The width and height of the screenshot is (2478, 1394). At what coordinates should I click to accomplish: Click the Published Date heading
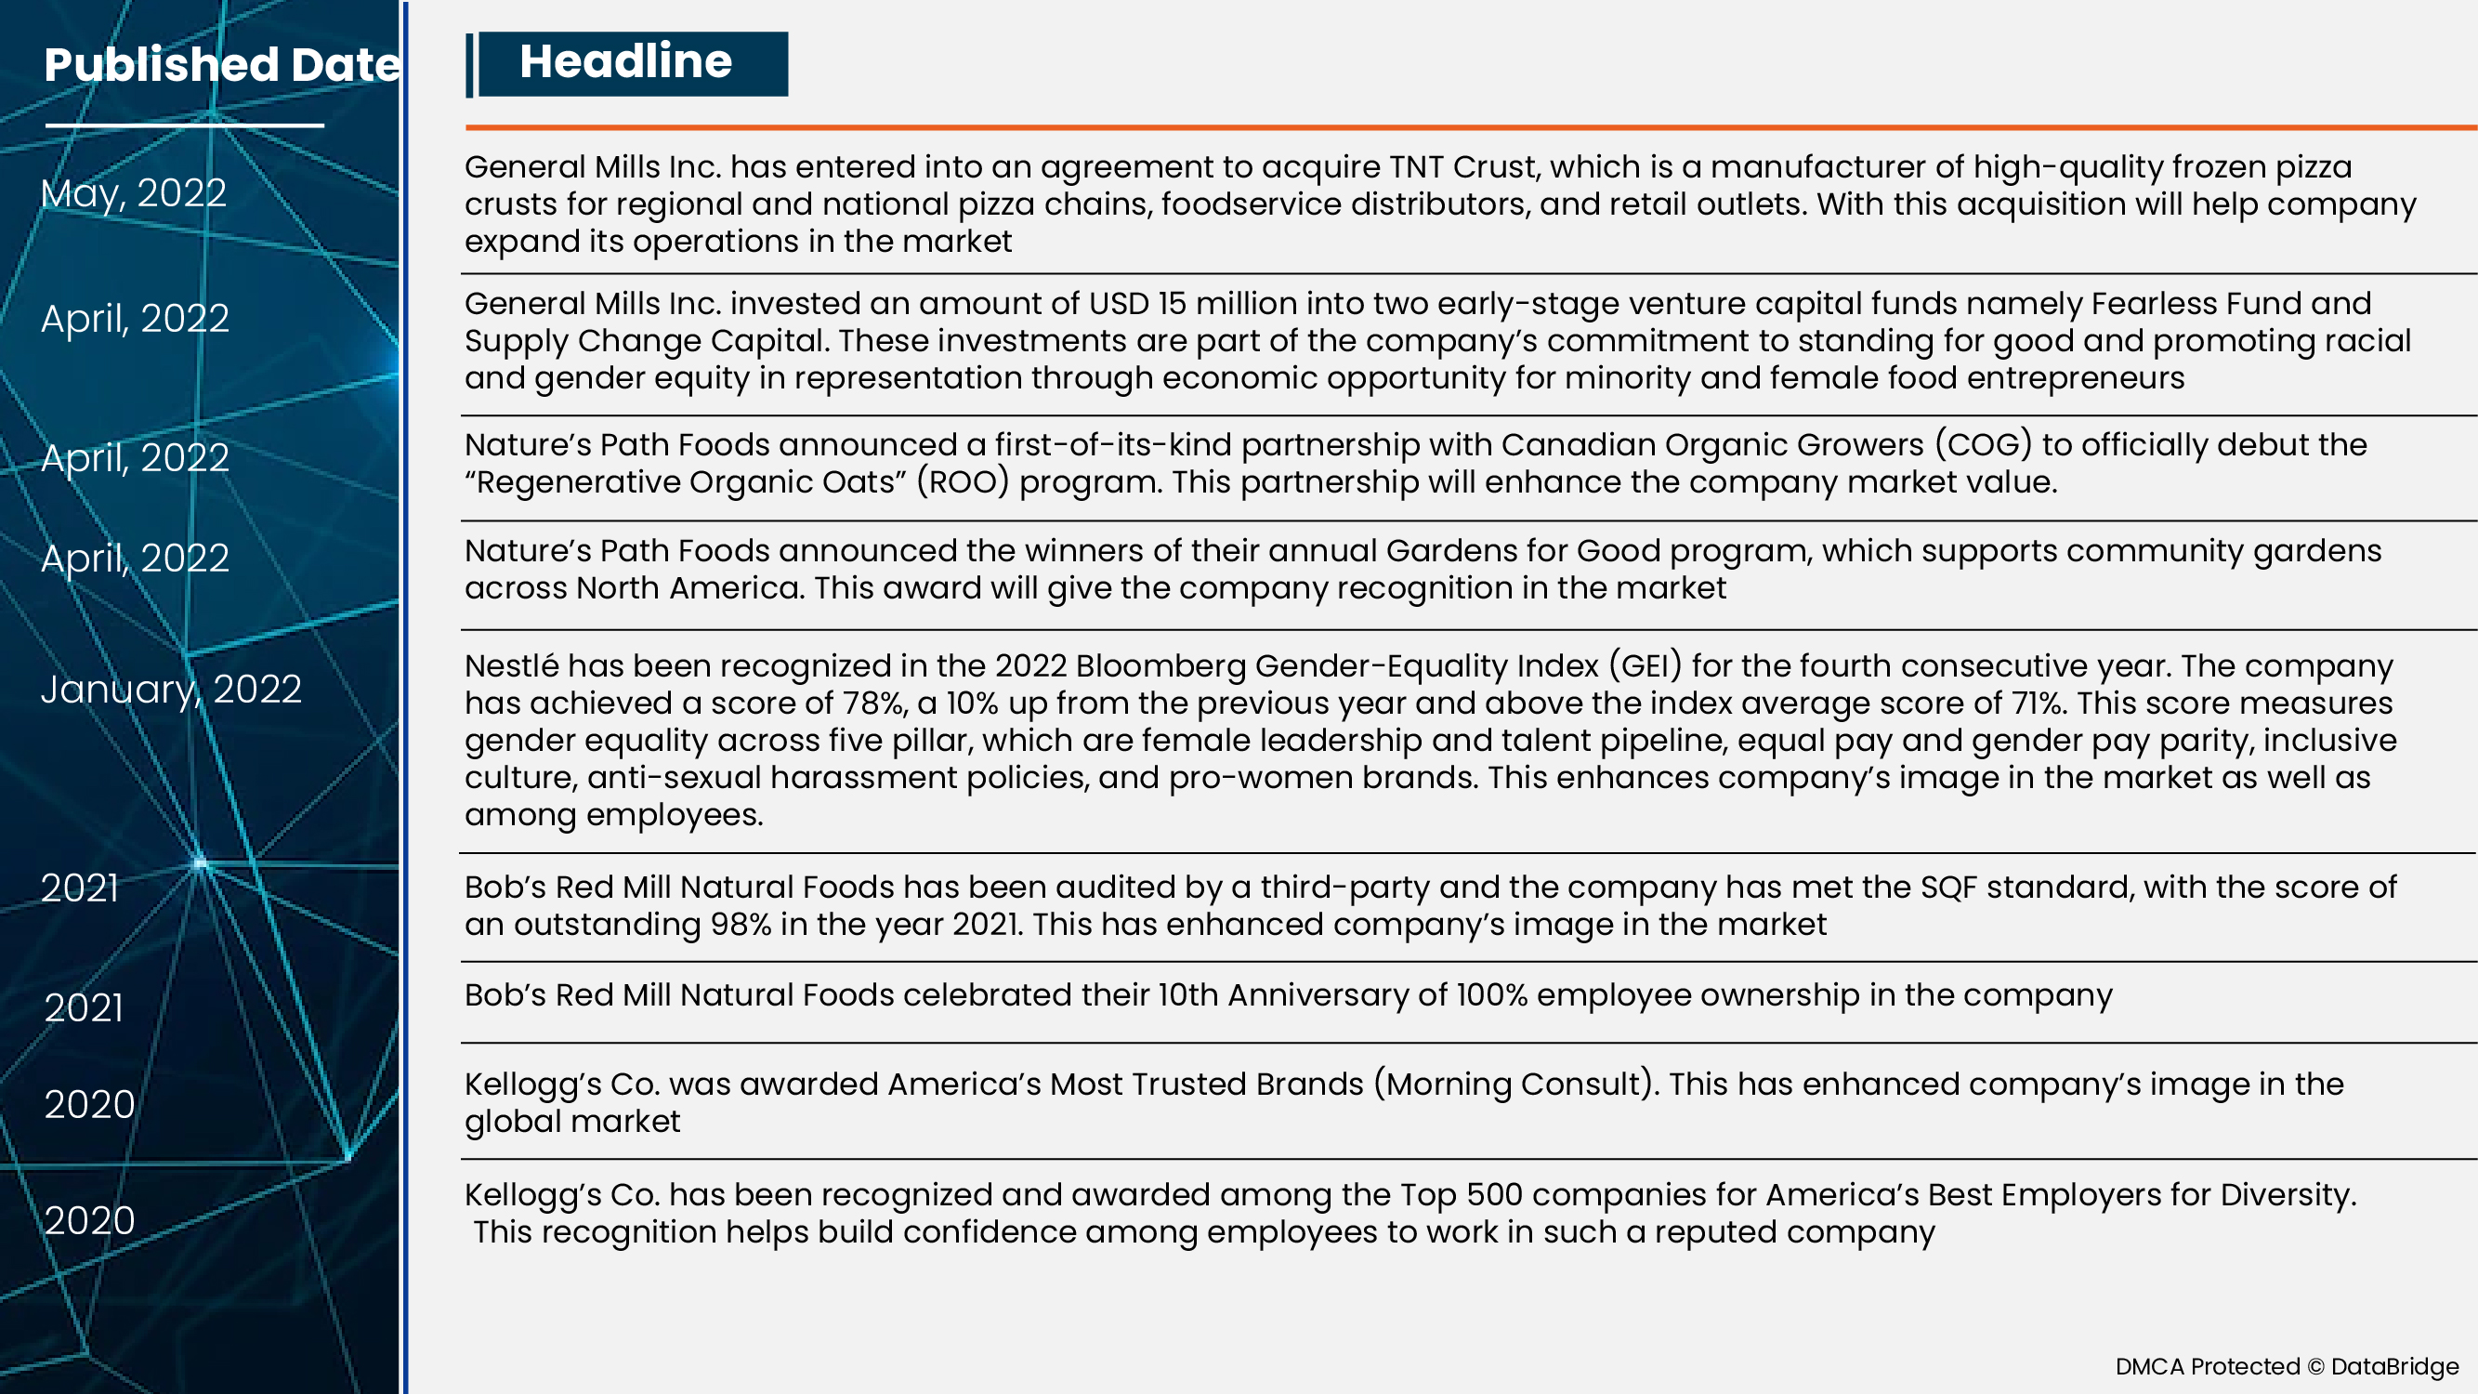click(x=221, y=64)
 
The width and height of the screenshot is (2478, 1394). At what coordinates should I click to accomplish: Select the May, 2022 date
click(x=134, y=193)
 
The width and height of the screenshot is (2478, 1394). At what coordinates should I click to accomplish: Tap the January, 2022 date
click(x=171, y=690)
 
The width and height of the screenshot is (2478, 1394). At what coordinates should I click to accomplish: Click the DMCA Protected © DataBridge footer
click(x=2287, y=1366)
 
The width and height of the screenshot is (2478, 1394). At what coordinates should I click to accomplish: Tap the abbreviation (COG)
click(x=1983, y=445)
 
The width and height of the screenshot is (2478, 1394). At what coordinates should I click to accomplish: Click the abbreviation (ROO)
click(x=962, y=482)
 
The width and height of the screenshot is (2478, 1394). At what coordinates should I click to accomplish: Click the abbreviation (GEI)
click(x=1645, y=665)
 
